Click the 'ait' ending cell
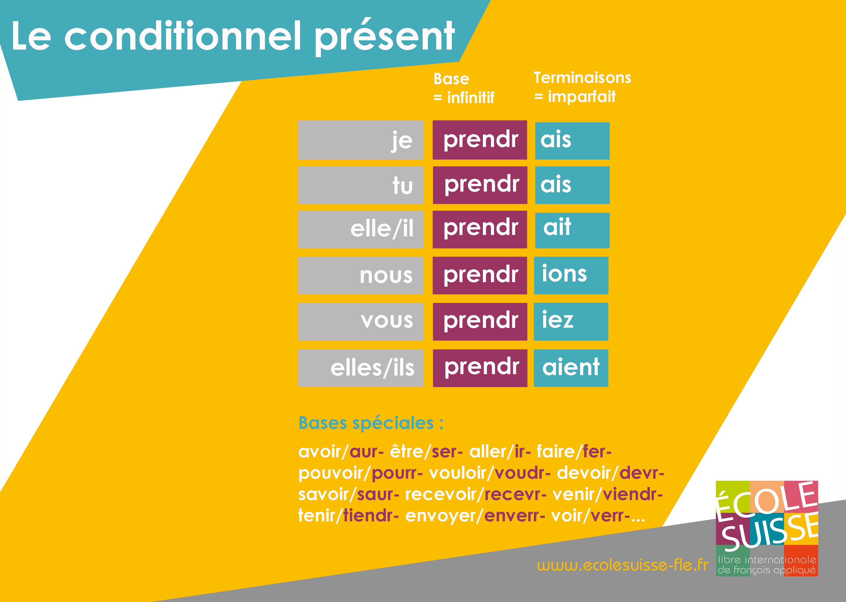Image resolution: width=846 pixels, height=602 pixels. click(x=572, y=230)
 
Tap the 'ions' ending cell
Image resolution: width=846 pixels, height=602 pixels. click(x=571, y=276)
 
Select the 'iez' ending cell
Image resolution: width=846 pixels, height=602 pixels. click(x=571, y=321)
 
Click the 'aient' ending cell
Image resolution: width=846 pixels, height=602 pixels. click(x=571, y=368)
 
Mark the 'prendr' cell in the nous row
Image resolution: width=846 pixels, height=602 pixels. click(x=480, y=276)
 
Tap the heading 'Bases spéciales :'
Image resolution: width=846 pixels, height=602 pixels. click(x=371, y=423)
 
